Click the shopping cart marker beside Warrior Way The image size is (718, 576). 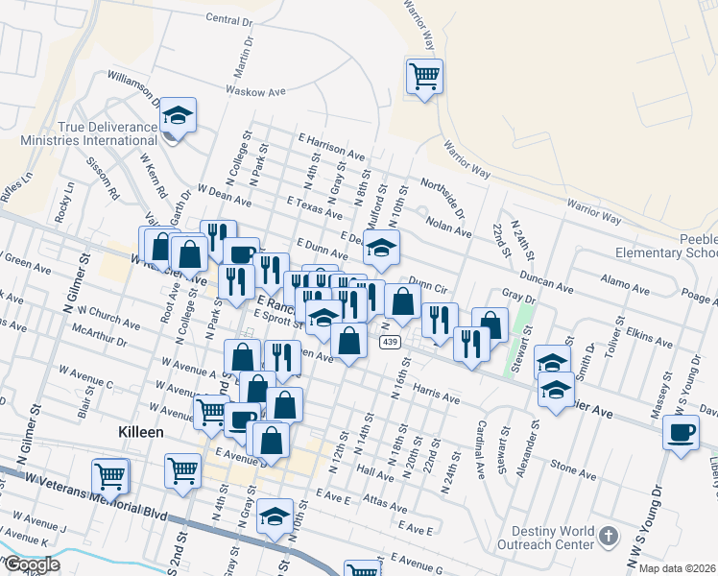pos(424,76)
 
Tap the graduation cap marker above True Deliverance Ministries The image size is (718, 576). pos(179,116)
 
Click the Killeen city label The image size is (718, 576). pos(139,433)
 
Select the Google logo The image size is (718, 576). pos(32,564)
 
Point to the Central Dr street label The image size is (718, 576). pos(228,19)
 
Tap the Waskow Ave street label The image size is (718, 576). pos(256,91)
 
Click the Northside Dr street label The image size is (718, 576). pos(443,195)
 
